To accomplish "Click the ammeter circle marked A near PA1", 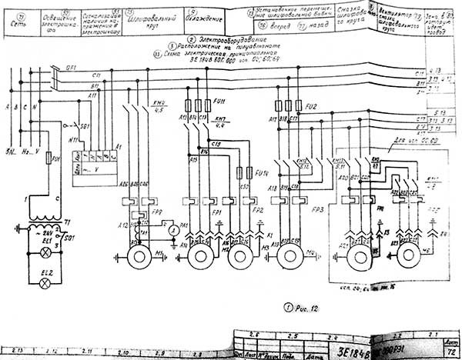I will click(175, 230).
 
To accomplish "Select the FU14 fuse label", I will click(259, 173).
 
